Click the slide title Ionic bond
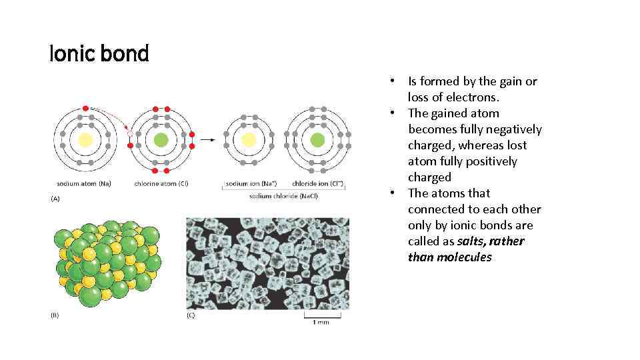(99, 53)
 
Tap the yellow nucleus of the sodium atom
(85, 140)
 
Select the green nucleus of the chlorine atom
(161, 140)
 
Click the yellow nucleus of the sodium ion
(248, 140)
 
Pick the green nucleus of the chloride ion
(318, 140)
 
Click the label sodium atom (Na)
(83, 183)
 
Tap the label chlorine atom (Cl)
(161, 183)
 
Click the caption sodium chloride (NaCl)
(283, 196)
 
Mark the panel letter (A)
(55, 198)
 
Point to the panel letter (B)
(55, 315)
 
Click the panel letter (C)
(191, 315)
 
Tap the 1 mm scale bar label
(320, 322)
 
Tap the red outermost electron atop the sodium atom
(85, 108)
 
